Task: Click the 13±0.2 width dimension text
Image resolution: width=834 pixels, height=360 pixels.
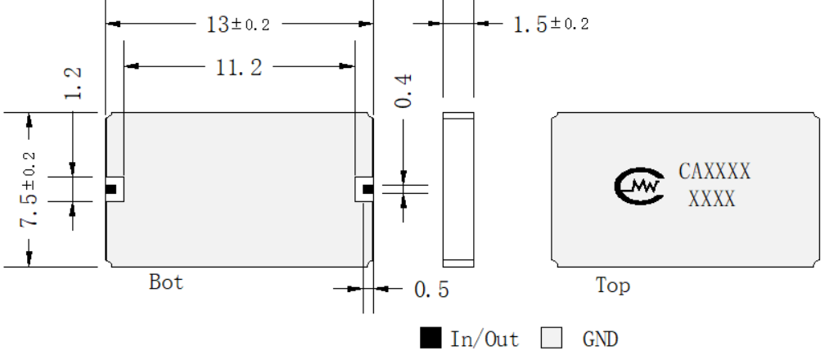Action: [237, 24]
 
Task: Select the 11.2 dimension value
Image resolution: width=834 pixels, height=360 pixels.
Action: [239, 68]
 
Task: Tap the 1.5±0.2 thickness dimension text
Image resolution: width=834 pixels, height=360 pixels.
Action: [551, 25]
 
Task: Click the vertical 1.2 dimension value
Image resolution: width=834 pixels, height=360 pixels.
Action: [72, 83]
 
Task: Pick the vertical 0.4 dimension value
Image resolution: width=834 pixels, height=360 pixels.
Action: [403, 92]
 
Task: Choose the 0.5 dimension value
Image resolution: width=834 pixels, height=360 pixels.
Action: [431, 290]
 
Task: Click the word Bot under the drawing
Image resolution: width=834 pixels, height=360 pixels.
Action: [166, 281]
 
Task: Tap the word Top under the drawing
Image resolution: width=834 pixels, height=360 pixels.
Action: [613, 286]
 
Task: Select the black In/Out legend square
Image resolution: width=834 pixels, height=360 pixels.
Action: [431, 338]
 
